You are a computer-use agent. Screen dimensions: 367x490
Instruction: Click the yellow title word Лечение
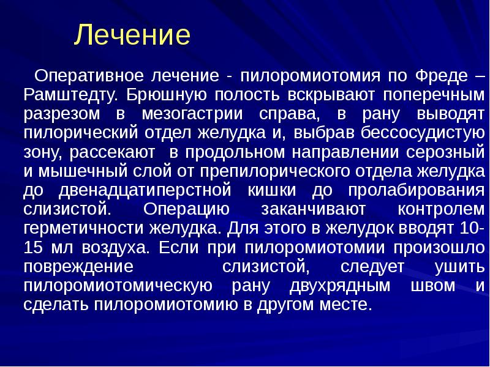click(132, 35)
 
